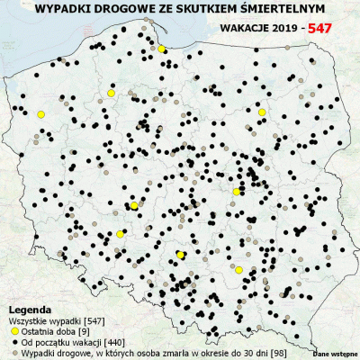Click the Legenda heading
29,309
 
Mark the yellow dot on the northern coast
160,49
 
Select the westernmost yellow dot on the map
40,114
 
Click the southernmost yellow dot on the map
239,269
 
